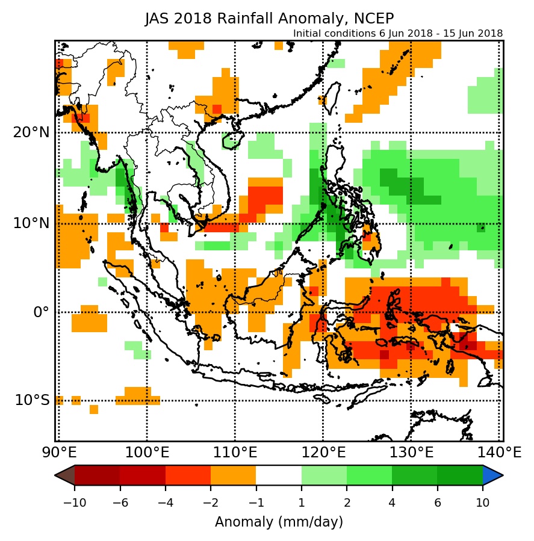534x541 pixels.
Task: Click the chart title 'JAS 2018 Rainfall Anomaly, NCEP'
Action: pyautogui.click(x=269, y=19)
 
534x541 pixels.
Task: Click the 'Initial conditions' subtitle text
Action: pyautogui.click(x=398, y=34)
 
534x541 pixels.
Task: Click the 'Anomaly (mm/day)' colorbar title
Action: pyautogui.click(x=279, y=522)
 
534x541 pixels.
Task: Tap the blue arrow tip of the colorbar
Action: pyautogui.click(x=493, y=475)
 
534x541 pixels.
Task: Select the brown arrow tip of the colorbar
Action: pyautogui.click(x=64, y=475)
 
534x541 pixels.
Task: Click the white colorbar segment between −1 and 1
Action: pyautogui.click(x=279, y=475)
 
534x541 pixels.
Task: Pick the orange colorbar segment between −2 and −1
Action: pyautogui.click(x=233, y=475)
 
